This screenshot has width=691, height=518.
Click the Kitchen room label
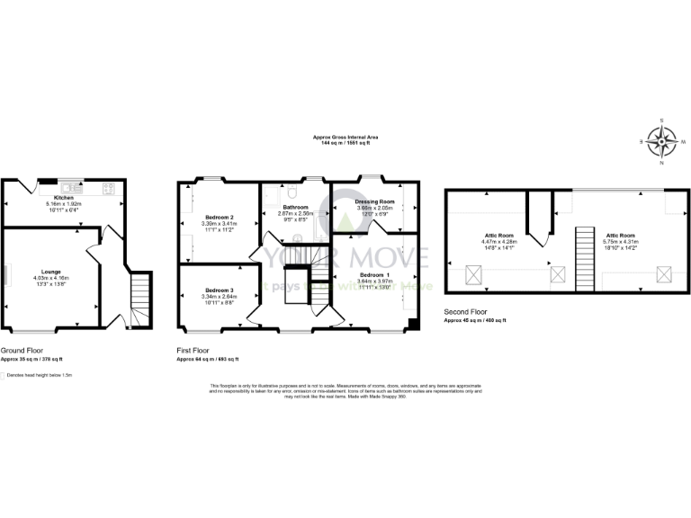point(64,197)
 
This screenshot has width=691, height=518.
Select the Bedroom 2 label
point(220,218)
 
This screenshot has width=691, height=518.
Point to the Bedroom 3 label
point(220,290)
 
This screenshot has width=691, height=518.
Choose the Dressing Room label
point(375,201)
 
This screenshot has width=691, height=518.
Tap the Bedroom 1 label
point(376,274)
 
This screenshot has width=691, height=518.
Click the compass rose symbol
point(663,141)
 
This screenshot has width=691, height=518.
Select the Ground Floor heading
point(22,350)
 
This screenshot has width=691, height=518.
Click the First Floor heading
point(197,350)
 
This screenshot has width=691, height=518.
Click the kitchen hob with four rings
point(109,189)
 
